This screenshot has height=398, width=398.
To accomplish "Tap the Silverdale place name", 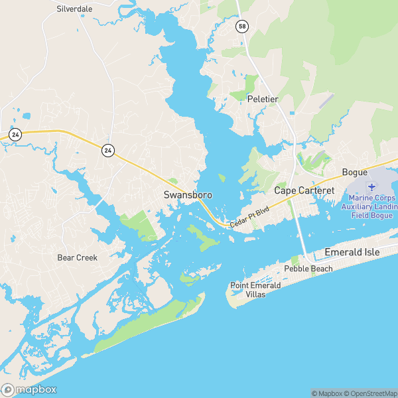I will pos(75,9).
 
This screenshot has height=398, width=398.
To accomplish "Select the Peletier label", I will pos(262,99).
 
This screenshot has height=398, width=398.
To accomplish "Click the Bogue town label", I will pos(354,172).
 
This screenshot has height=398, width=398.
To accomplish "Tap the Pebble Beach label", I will pos(308,269).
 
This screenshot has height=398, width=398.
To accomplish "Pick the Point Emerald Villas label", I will pos(255,289).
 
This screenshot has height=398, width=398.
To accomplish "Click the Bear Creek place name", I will pos(77,257).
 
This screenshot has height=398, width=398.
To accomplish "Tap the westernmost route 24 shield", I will pos(16,135).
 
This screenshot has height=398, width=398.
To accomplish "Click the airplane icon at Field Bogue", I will pos(371,187).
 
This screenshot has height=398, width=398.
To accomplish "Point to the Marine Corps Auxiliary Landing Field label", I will pos(371,207).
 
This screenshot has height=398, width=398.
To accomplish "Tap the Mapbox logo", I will pos(29,390).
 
